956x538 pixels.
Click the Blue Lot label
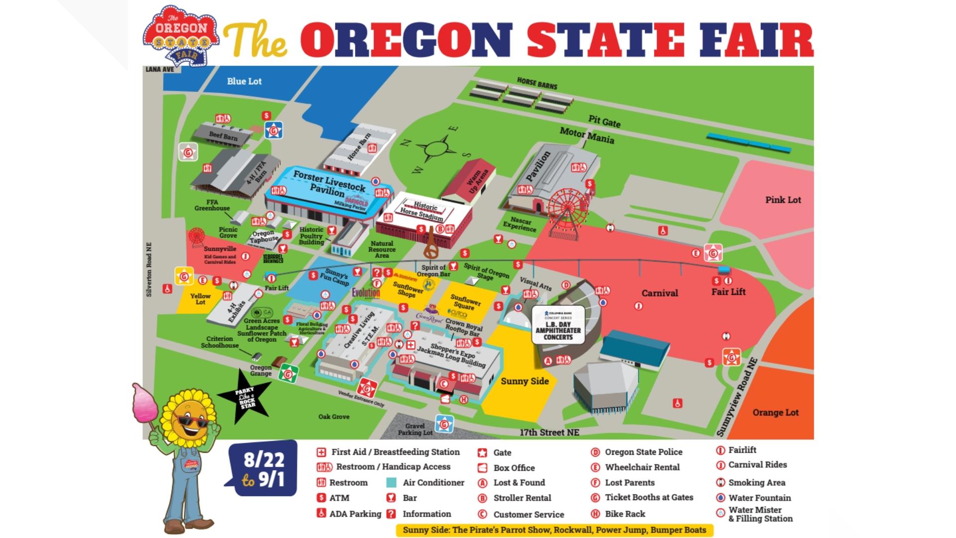244,81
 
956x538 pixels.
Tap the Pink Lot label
783,200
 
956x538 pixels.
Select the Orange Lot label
775,412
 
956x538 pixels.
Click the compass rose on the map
437,149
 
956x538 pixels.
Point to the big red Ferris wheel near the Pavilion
567,209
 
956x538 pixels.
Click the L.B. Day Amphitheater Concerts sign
558,325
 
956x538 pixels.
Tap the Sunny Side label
524,381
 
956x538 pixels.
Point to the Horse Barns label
537,83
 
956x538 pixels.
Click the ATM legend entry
339,498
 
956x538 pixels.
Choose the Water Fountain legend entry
759,498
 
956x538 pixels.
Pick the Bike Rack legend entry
624,514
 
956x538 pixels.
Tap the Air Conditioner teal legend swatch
391,482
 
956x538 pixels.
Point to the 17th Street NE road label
549,432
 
